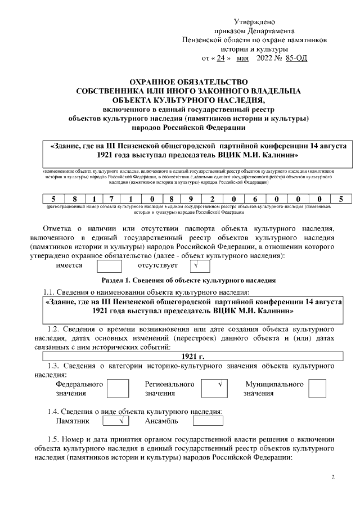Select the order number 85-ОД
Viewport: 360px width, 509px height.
[296, 58]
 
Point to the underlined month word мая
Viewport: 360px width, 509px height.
[243, 58]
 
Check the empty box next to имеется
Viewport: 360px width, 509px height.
[109, 265]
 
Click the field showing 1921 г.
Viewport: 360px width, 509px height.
[194, 355]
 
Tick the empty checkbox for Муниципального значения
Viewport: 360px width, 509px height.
[317, 388]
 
